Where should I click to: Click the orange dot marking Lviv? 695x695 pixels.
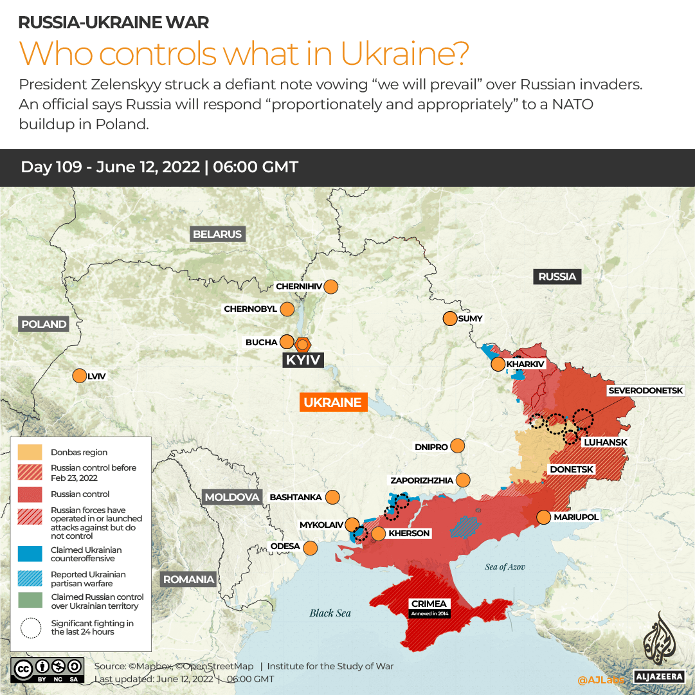79,376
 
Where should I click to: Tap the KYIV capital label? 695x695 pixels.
303,360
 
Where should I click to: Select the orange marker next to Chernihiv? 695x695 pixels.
331,286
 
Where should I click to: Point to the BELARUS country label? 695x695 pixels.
217,234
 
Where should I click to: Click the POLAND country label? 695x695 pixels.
44,324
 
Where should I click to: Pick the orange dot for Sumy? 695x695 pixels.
449,318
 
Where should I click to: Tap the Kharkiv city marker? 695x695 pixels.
498,365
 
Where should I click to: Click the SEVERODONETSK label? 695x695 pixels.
651,390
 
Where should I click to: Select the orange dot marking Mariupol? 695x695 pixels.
543,517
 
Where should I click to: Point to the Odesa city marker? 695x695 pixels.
311,548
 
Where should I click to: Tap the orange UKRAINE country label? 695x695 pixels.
332,402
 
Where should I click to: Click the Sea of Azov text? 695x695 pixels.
505,566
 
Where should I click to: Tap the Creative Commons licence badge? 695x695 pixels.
48,669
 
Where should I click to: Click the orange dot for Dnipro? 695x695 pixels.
458,446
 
